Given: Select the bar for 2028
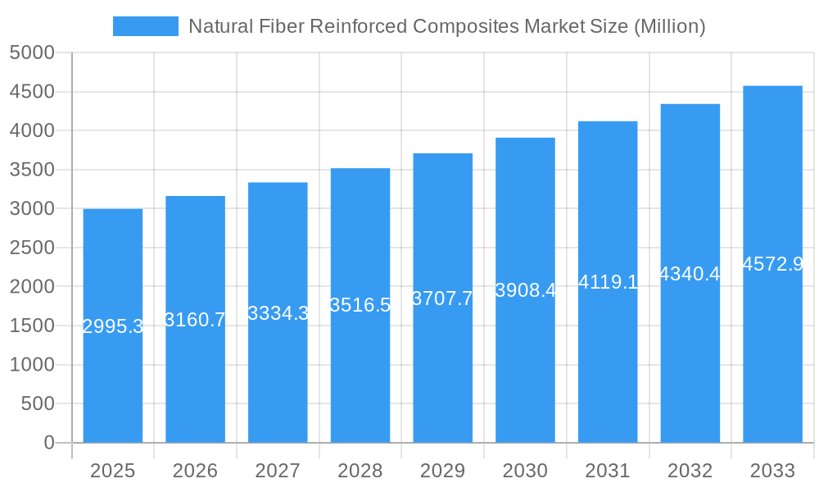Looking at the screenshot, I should click(360, 377).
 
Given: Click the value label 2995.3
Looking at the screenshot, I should click(113, 326).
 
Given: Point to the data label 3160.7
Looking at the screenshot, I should click(195, 320).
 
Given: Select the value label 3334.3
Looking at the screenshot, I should click(278, 312).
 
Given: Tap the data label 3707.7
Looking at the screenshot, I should click(442, 298).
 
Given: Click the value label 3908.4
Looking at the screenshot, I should click(525, 290).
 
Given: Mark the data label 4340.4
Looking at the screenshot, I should click(690, 274).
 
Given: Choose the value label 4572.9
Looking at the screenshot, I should click(772, 264).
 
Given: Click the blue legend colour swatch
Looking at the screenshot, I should click(145, 26).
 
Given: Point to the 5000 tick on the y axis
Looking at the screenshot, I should click(32, 53).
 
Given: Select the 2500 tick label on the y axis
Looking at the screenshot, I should click(32, 248).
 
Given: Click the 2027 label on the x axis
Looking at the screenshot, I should click(278, 471).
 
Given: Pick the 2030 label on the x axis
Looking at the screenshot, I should click(525, 471).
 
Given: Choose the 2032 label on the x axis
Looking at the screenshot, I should click(690, 471).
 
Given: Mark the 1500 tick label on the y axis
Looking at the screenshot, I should click(32, 326).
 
